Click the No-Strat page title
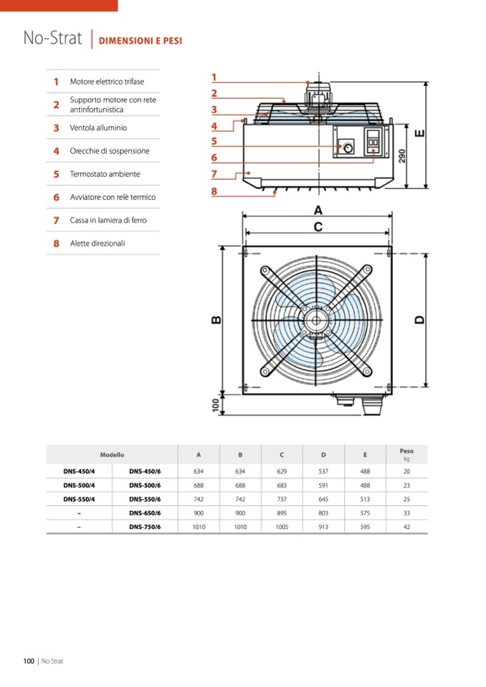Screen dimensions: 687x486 52,38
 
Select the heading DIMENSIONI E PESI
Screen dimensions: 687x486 140,41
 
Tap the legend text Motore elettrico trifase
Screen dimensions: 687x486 107,82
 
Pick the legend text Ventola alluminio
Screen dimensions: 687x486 98,128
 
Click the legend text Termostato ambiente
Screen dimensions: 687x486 105,174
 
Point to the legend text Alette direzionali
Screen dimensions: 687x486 97,244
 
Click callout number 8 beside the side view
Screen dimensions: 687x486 214,191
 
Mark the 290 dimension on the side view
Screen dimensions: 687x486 402,155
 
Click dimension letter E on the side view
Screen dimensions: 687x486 420,133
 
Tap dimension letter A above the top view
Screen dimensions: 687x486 318,211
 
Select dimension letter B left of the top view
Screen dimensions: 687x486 216,320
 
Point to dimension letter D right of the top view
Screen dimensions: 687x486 420,320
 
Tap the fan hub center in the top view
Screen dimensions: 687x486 314,320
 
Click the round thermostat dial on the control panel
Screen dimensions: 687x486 348,148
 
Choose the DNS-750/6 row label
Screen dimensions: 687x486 145,527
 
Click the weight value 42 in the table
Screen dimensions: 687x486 406,527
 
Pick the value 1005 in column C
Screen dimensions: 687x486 282,527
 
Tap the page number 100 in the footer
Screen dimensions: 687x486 29,661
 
